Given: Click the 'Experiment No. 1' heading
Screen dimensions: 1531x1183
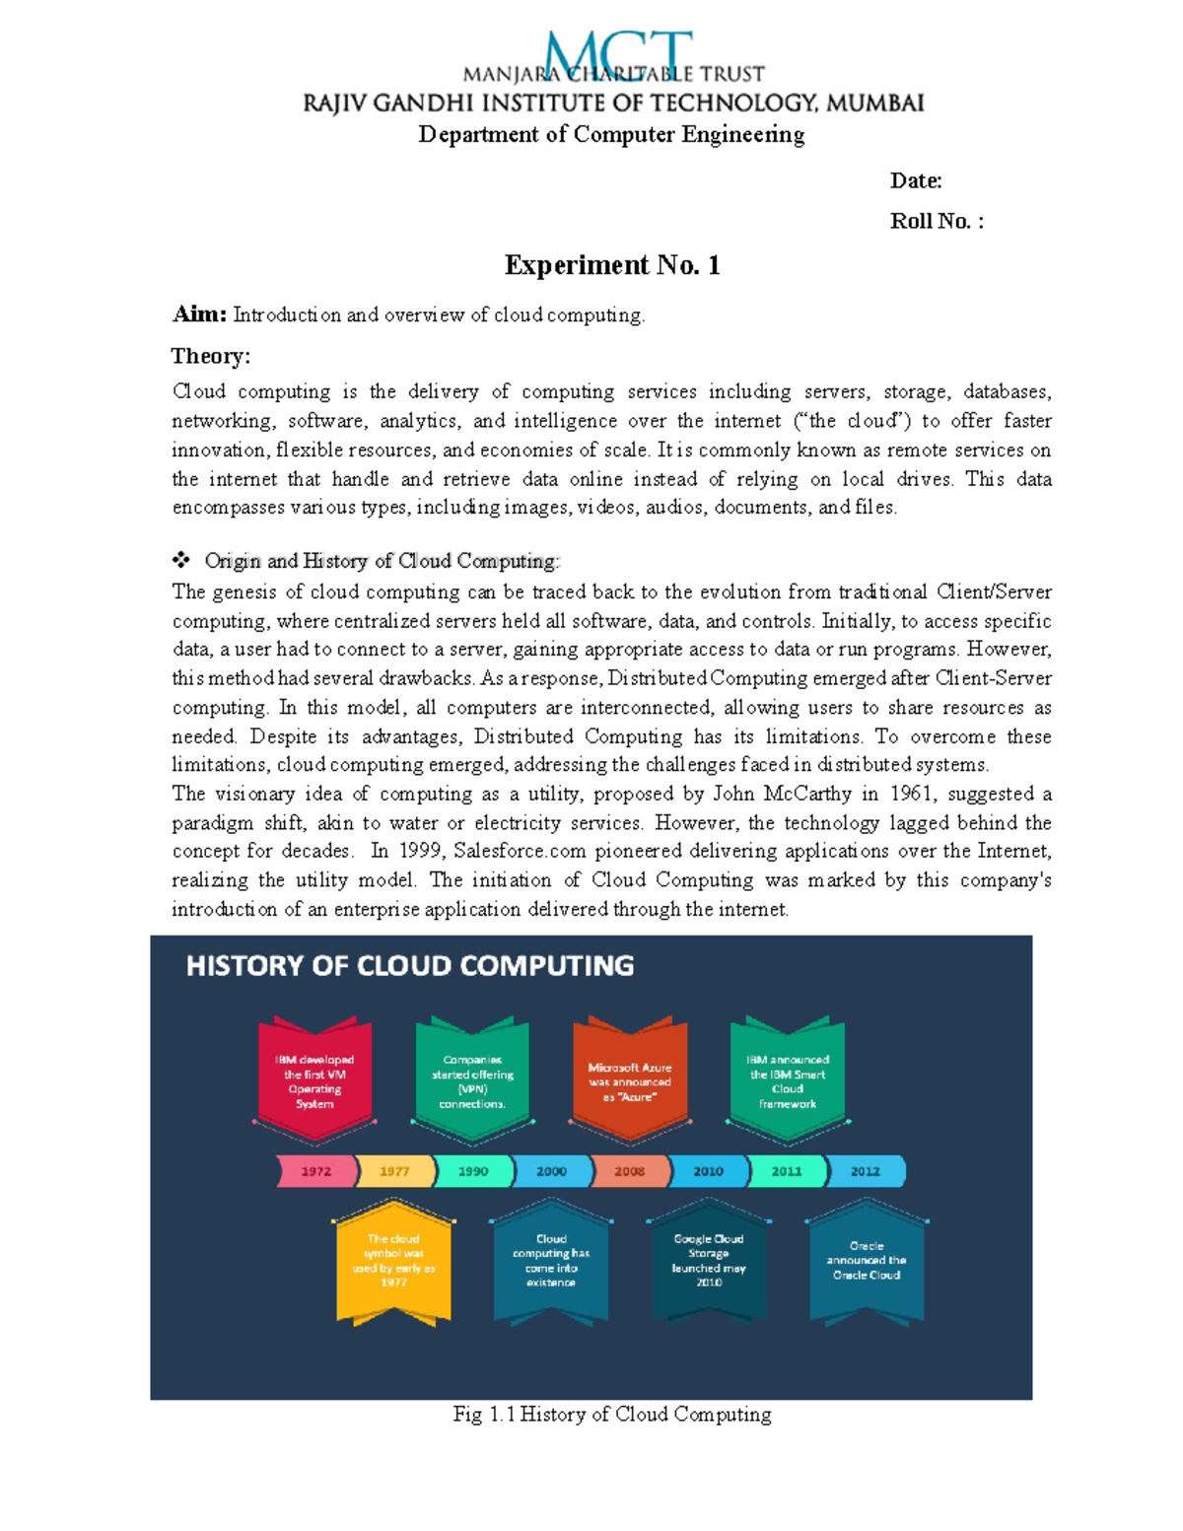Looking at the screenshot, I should pyautogui.click(x=611, y=265).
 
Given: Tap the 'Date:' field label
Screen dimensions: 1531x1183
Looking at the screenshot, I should pyautogui.click(x=915, y=180).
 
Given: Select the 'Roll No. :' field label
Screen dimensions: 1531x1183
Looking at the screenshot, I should pyautogui.click(x=936, y=221).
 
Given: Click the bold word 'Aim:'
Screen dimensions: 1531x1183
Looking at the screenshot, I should pyautogui.click(x=199, y=314).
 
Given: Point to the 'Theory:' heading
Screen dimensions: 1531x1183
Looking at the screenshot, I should pyautogui.click(x=211, y=356).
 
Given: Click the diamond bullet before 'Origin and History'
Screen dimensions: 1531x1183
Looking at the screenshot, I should pyautogui.click(x=181, y=560).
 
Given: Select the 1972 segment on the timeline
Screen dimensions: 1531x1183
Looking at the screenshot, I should pyautogui.click(x=315, y=1171).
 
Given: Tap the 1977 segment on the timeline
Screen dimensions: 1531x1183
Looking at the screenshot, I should pyautogui.click(x=394, y=1171).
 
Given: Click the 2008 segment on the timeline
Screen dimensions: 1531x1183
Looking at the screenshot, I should pyautogui.click(x=629, y=1171).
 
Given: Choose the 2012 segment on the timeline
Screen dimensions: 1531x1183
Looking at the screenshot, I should pyautogui.click(x=865, y=1171).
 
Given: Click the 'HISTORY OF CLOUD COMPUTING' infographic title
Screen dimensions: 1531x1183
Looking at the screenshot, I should pyautogui.click(x=410, y=965).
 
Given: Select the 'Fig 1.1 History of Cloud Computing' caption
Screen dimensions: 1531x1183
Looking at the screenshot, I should pyautogui.click(x=611, y=1414).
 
